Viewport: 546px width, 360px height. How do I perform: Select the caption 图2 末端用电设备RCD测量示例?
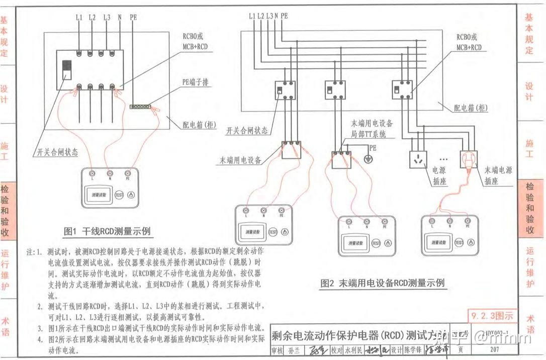[x=382, y=283]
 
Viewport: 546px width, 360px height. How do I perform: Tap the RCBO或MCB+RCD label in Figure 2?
[x=469, y=42]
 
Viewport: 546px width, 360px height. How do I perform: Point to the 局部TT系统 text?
[x=372, y=135]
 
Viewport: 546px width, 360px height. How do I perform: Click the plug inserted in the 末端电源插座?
[x=469, y=162]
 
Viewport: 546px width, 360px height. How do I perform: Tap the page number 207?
[x=494, y=350]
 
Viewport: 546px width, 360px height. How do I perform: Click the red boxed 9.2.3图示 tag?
[x=492, y=316]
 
